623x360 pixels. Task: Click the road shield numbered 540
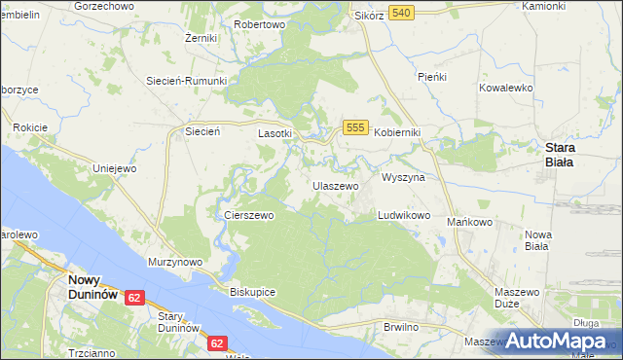[401, 13]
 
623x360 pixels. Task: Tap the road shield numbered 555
[355, 127]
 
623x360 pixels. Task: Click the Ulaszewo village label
[335, 185]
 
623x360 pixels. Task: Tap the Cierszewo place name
[248, 215]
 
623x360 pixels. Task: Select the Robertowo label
[260, 23]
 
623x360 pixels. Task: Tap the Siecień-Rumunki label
[186, 81]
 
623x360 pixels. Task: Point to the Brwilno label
[401, 327]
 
